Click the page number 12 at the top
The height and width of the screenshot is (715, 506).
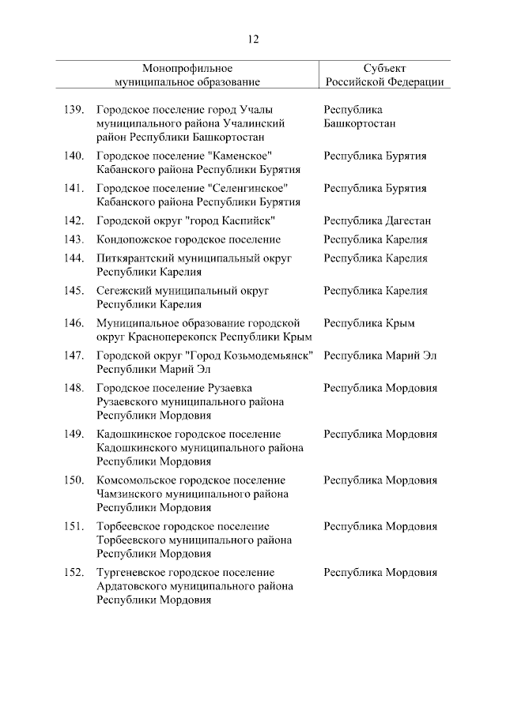(x=253, y=39)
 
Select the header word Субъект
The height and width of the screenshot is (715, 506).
(x=383, y=68)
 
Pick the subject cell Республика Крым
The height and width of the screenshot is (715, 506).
(x=368, y=323)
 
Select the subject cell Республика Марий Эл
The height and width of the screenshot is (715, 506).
(x=379, y=356)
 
